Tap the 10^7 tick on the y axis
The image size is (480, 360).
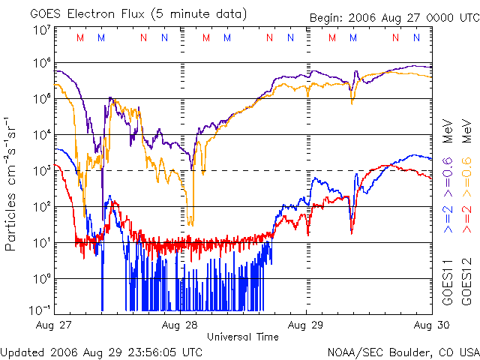41,30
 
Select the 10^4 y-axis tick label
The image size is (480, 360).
41,134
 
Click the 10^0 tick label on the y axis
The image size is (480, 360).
41,278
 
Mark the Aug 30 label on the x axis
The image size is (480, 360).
432,325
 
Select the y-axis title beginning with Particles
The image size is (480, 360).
13,184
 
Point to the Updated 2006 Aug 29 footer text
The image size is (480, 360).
101,351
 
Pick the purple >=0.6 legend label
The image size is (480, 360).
448,178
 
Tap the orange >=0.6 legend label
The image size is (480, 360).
466,178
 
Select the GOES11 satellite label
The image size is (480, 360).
448,284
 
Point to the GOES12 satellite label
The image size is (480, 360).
466,284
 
